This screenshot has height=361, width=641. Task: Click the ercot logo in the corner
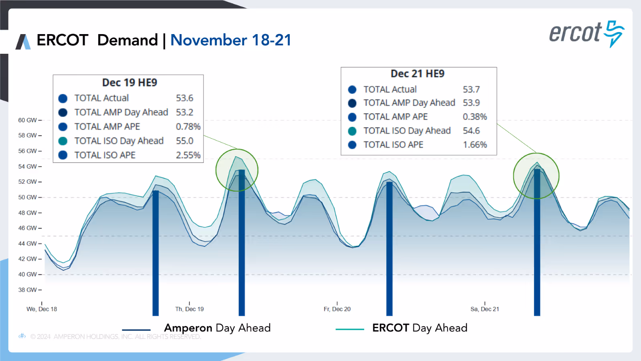point(586,34)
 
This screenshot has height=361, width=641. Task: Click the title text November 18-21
point(231,40)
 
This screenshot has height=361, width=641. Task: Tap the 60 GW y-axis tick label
point(27,120)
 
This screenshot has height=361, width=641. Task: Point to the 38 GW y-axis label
point(27,290)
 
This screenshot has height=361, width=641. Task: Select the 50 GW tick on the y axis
point(27,197)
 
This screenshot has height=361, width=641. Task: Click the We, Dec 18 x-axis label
point(42,309)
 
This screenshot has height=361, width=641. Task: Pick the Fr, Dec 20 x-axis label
point(337,309)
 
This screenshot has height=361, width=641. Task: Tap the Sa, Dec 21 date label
point(485,309)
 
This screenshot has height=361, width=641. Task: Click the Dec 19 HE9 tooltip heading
point(129,83)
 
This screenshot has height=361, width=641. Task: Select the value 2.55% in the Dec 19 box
point(188,155)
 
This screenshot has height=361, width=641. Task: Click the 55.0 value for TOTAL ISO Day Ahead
point(184,141)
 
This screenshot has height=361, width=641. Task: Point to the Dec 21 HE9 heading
point(417,74)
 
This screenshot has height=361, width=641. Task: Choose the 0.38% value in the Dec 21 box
point(475,117)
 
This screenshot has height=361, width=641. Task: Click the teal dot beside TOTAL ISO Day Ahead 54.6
point(352,131)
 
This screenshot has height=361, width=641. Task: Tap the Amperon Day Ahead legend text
point(217,328)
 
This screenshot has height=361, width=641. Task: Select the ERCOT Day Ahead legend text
point(419,328)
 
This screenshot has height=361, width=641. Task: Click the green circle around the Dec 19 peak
point(237,170)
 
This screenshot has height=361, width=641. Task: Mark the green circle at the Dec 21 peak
point(536,176)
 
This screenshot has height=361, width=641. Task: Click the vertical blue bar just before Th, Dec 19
point(155,253)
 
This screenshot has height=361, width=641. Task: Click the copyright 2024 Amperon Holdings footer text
point(115,337)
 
